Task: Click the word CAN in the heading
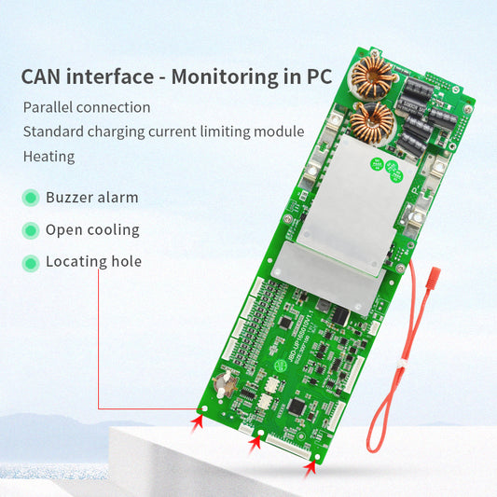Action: pos(45,76)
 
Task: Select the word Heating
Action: pos(48,156)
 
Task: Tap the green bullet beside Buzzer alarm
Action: pos(30,198)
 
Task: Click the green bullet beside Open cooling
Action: pos(30,229)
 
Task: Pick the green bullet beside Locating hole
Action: pos(30,261)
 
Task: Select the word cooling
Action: pos(114,229)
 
